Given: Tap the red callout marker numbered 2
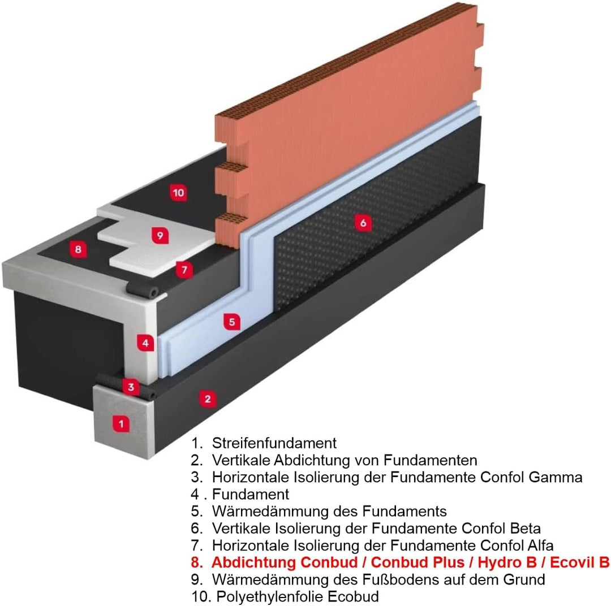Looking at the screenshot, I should (208, 399).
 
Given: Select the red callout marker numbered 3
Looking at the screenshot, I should (131, 387).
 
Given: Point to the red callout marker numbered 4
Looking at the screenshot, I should (145, 343).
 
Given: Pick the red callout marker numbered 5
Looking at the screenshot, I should (231, 322).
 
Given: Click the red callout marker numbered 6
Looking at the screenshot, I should (363, 223).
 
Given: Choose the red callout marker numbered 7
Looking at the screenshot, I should (184, 270).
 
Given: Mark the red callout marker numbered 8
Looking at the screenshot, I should (78, 249).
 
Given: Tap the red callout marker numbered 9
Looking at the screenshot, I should (160, 235).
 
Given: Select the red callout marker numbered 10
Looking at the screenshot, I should (178, 192).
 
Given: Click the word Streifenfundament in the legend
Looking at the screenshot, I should (274, 443).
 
